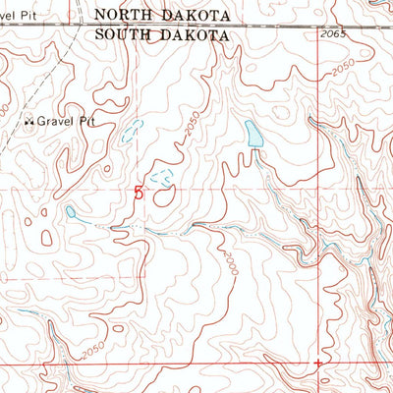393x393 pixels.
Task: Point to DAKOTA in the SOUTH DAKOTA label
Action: pyautogui.click(x=199, y=34)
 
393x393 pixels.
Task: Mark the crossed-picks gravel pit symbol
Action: pyautogui.click(x=28, y=122)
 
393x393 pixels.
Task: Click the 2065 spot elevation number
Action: pyautogui.click(x=334, y=34)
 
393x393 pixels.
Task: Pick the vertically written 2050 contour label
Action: pyautogui.click(x=191, y=130)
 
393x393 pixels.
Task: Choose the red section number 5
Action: pyautogui.click(x=138, y=194)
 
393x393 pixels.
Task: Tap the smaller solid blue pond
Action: pyautogui.click(x=71, y=210)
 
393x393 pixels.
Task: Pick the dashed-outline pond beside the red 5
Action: pyautogui.click(x=162, y=177)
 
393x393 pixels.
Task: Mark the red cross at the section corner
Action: pyautogui.click(x=317, y=363)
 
